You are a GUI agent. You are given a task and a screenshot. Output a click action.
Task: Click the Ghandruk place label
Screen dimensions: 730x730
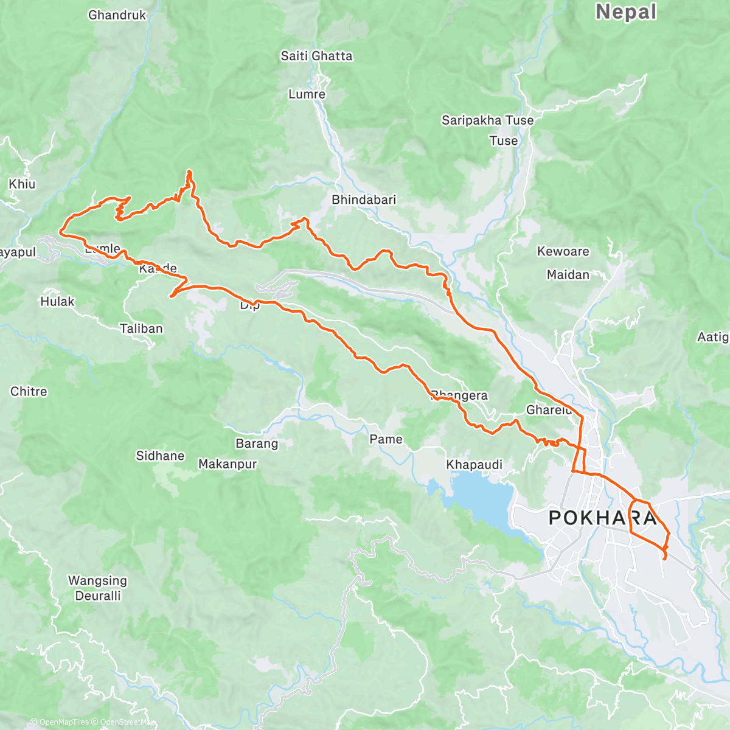point(117,15)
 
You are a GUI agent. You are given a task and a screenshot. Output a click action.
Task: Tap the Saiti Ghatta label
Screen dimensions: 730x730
point(316,56)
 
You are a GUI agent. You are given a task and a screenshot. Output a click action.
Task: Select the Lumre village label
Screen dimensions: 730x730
point(307,94)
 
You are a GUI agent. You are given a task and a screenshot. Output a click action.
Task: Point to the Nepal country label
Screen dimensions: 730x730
point(626,12)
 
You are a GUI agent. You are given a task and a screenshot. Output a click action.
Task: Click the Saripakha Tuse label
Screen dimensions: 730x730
point(487,120)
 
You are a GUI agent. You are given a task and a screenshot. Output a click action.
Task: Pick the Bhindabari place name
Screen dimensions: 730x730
point(364,200)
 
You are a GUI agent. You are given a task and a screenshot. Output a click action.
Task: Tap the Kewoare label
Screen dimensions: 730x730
point(563,251)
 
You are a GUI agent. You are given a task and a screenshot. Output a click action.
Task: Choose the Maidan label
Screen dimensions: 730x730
point(568,275)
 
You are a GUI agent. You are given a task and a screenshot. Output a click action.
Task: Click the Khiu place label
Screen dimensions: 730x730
point(22,184)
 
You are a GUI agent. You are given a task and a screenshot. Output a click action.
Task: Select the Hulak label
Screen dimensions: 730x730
point(57,301)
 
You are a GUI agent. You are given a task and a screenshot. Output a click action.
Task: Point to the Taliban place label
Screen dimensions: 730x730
point(141,328)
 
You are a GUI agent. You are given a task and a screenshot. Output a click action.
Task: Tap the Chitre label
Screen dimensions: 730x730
point(29,391)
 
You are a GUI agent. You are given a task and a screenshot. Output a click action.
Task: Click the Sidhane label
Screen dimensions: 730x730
point(160,456)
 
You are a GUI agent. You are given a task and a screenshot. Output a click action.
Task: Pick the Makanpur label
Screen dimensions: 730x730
point(228,464)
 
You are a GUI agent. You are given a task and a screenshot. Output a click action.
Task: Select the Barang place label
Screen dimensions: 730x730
point(257,443)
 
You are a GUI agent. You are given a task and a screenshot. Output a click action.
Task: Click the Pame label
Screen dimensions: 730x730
point(386,439)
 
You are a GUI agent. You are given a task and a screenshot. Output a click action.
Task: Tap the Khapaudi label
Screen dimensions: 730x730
point(474,465)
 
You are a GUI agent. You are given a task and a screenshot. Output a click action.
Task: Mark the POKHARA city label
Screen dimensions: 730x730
point(603,518)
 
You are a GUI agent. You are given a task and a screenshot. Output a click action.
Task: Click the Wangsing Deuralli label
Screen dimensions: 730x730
point(97,588)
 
